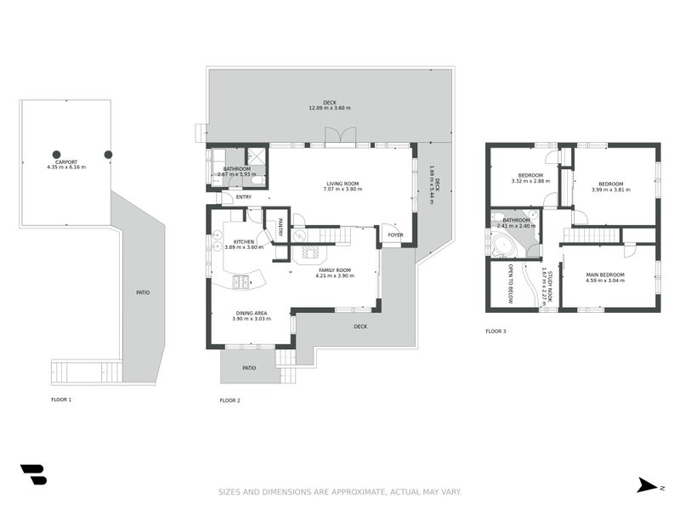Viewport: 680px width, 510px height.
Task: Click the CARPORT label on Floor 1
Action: point(66,161)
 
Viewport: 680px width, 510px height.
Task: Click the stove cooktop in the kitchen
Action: point(242,281)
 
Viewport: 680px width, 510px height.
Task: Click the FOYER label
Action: point(395,235)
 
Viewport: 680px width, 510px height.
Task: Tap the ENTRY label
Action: point(244,197)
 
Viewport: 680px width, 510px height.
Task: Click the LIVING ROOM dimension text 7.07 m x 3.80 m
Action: point(343,190)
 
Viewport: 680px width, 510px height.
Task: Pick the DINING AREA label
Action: point(251,313)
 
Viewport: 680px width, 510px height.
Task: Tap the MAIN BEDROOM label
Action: point(605,275)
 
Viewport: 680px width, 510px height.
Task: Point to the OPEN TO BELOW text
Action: point(511,284)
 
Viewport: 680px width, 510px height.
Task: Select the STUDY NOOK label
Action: point(550,286)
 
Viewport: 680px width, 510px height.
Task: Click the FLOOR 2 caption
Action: point(229,400)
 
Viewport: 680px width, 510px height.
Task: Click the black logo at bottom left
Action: point(33,474)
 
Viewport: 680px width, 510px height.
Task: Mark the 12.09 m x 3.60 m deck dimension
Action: point(329,109)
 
